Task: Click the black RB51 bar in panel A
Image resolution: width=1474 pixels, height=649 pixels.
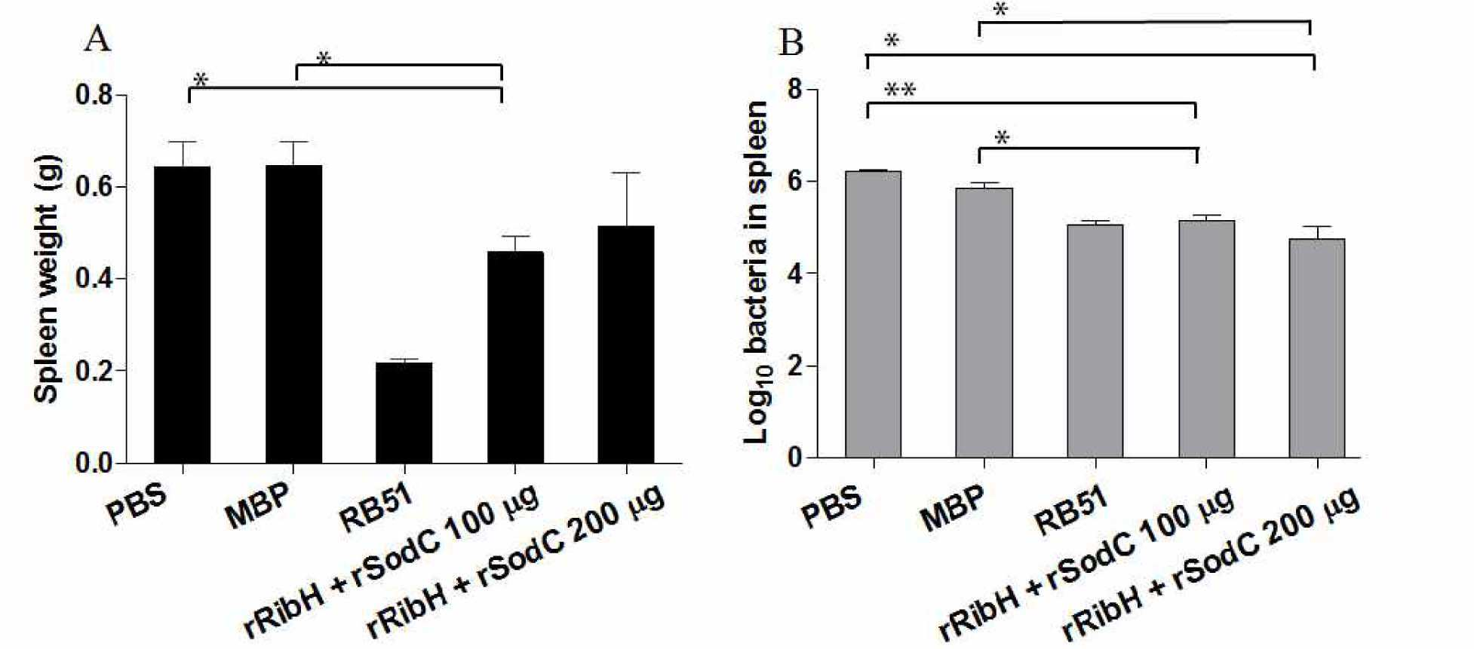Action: (x=404, y=412)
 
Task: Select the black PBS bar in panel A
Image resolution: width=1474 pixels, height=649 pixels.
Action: (x=183, y=314)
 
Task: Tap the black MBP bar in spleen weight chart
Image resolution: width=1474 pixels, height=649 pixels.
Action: (x=293, y=314)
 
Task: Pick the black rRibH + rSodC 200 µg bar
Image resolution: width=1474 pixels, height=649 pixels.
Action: (x=626, y=344)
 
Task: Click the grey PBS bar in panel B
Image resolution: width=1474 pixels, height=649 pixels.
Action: (x=874, y=314)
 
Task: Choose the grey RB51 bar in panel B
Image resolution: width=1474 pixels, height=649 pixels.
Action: (x=1095, y=341)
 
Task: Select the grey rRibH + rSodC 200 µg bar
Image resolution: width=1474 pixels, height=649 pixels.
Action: (x=1317, y=348)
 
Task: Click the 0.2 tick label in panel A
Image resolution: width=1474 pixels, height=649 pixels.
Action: (x=94, y=371)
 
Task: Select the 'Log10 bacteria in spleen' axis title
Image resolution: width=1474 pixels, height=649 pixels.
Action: (x=757, y=272)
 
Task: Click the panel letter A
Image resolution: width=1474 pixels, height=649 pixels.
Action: (x=97, y=38)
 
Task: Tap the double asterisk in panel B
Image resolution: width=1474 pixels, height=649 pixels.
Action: (x=900, y=91)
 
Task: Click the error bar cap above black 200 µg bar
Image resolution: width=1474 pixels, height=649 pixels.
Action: (x=626, y=173)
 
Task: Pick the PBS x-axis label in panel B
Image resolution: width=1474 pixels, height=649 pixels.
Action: (x=831, y=507)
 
